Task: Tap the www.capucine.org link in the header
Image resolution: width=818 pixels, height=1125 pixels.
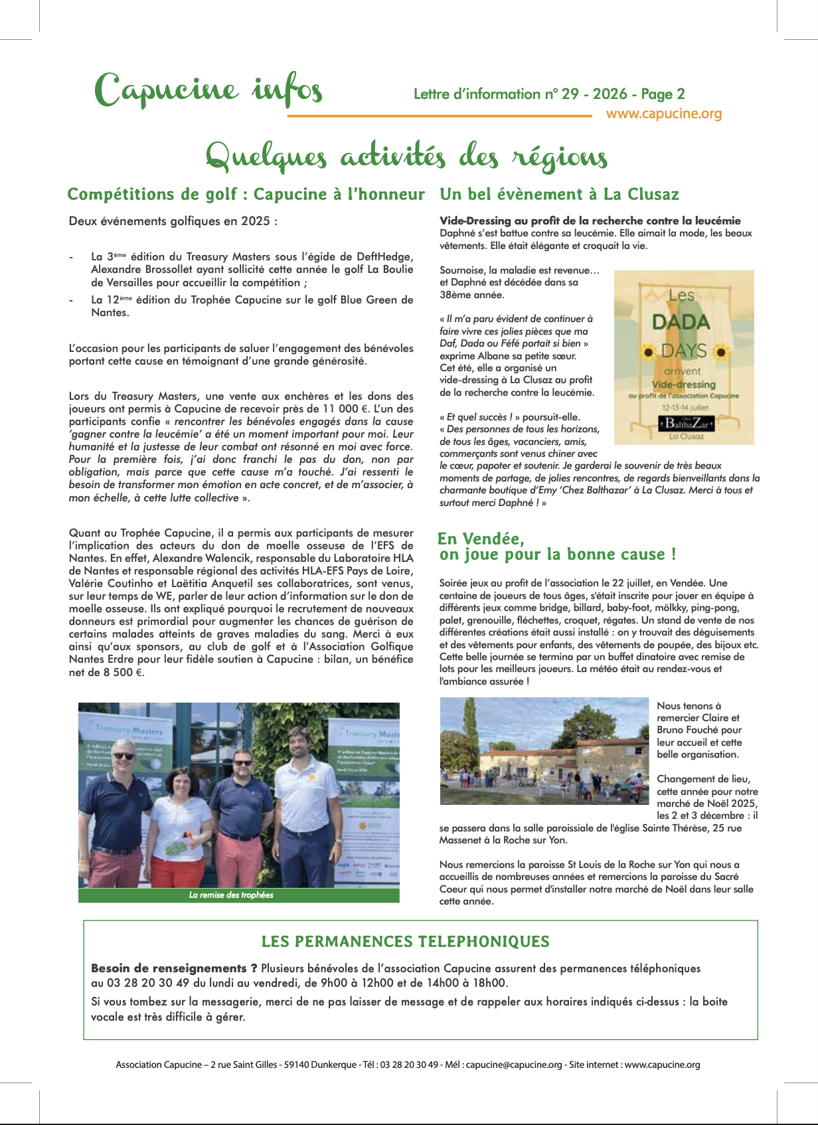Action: (663, 114)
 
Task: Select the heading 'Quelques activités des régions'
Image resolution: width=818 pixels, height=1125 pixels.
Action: (406, 157)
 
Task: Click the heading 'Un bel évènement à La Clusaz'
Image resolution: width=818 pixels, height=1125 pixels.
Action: (559, 195)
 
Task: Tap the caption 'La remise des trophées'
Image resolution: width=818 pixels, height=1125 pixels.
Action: (231, 895)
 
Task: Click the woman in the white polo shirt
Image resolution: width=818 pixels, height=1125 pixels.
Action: (180, 823)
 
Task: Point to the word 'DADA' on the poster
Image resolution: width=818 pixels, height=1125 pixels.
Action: (681, 322)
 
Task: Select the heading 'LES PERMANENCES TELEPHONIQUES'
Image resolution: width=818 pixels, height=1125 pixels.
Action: (406, 942)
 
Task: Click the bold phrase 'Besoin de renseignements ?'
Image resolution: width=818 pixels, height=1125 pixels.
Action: (174, 968)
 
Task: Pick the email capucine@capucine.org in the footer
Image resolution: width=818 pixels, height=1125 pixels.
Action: (514, 1065)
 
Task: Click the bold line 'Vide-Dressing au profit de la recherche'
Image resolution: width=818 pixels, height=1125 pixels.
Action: (590, 220)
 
